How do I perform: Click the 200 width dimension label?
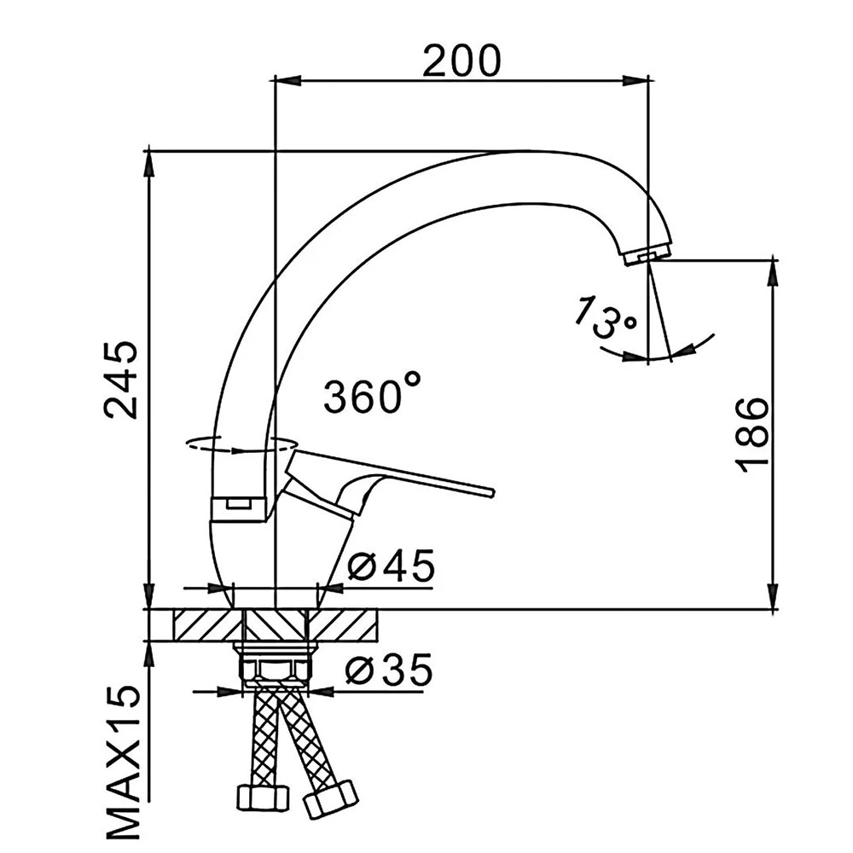pos(461,61)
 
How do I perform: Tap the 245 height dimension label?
pos(121,380)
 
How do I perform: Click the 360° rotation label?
pos(372,392)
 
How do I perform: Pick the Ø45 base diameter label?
pos(392,566)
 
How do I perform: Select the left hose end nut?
pos(261,797)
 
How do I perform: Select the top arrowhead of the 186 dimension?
pos(773,272)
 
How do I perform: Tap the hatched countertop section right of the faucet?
pos(343,625)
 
